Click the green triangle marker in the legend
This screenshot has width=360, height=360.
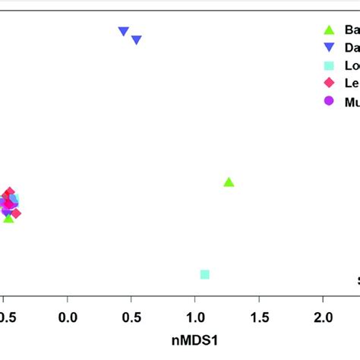(x=329, y=30)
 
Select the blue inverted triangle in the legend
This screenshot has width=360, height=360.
(x=329, y=47)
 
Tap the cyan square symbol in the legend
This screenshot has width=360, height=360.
(x=329, y=65)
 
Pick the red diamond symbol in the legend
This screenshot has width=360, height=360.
(x=329, y=82)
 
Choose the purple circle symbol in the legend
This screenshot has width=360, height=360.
(x=329, y=99)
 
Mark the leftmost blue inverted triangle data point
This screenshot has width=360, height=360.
(x=123, y=32)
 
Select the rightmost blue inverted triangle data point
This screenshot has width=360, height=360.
(x=137, y=40)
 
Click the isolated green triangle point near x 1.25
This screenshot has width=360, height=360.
(x=229, y=182)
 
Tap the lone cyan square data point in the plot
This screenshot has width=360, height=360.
(x=204, y=274)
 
